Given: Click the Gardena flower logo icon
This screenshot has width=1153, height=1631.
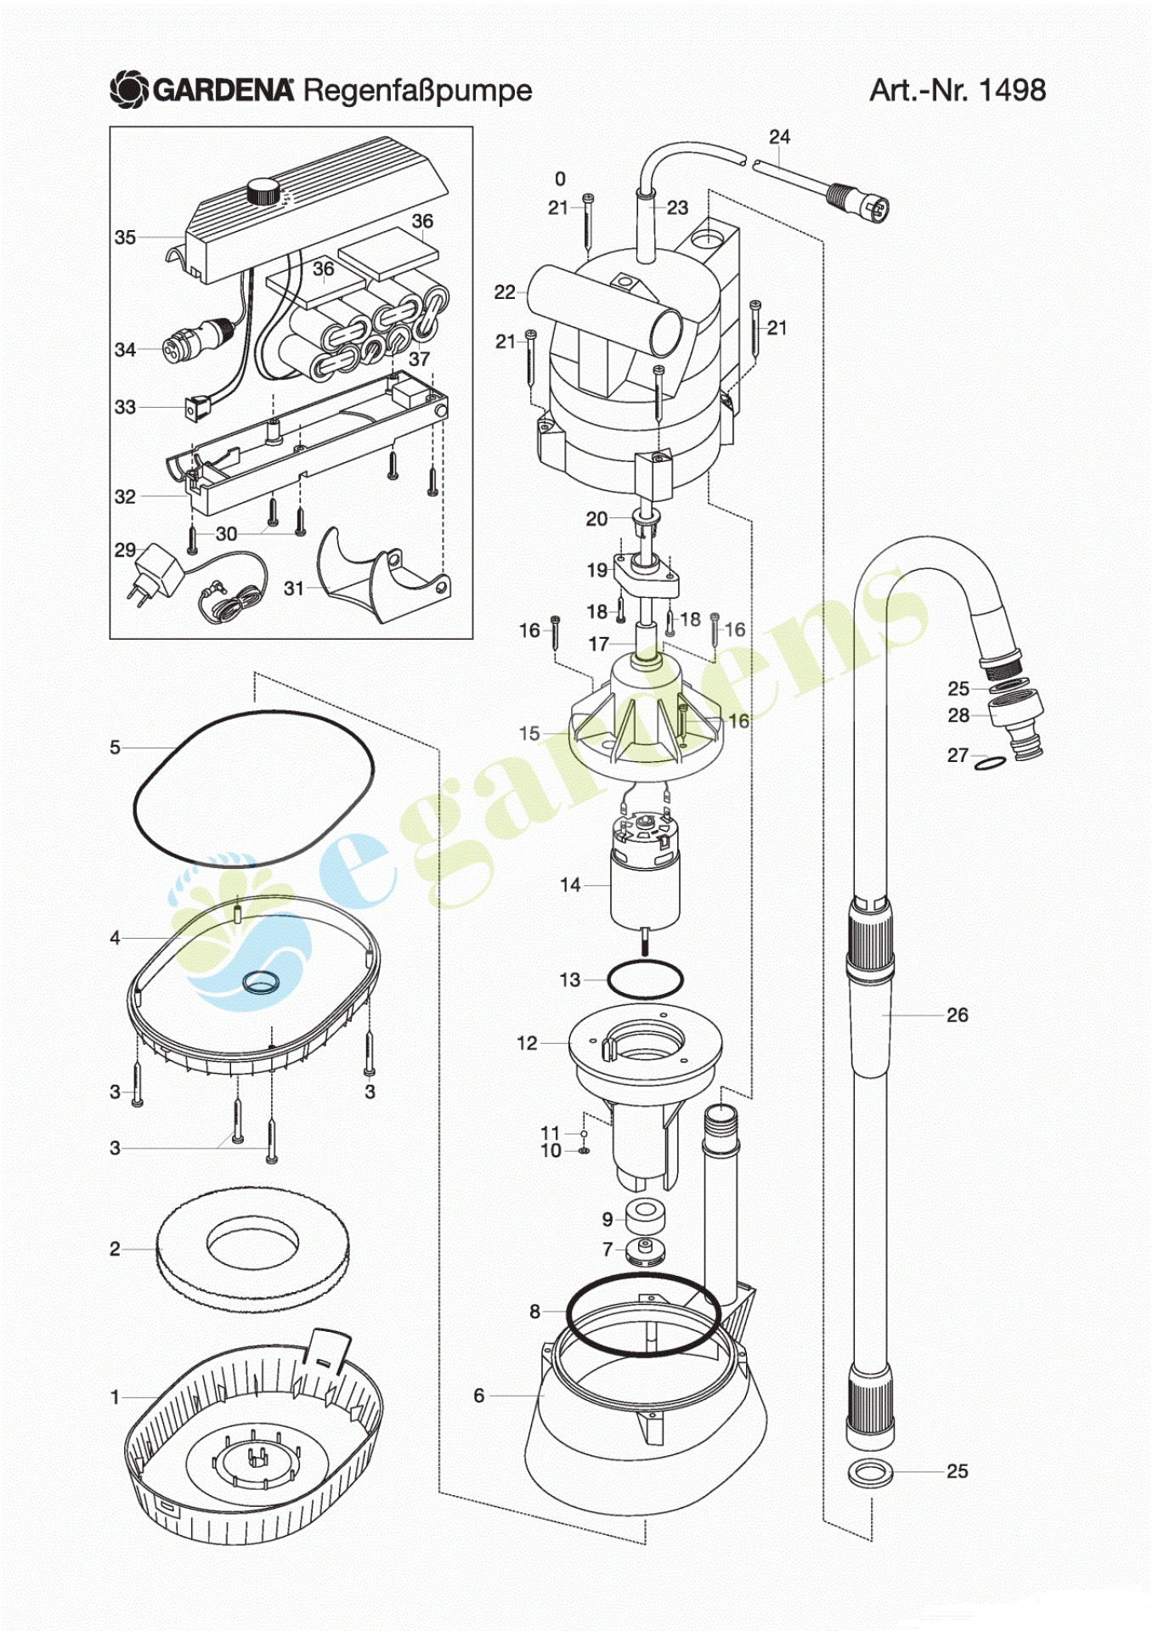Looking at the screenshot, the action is pyautogui.click(x=130, y=90).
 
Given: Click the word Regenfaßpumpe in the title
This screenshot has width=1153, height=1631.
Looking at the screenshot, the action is pyautogui.click(x=417, y=91).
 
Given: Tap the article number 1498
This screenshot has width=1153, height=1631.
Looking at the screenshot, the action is pyautogui.click(x=1012, y=90).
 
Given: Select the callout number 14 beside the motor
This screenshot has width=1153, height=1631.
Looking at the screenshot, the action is pyautogui.click(x=570, y=885).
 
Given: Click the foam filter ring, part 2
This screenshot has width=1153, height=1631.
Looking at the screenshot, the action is pyautogui.click(x=252, y=1249).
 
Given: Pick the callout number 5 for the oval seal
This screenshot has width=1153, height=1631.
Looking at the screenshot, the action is pyautogui.click(x=115, y=748).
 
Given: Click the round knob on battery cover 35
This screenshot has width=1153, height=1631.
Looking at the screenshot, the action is pyautogui.click(x=262, y=192).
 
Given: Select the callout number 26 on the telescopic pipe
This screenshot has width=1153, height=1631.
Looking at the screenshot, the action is pyautogui.click(x=958, y=1015).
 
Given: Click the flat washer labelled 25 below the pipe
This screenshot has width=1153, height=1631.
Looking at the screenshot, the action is pyautogui.click(x=871, y=1472).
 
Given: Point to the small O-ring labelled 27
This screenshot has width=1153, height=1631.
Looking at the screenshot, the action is pyautogui.click(x=989, y=763).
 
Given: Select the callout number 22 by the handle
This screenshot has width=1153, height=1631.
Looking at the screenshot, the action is pyautogui.click(x=505, y=292).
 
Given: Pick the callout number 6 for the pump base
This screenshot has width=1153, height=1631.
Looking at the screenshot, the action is pyautogui.click(x=479, y=1396).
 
